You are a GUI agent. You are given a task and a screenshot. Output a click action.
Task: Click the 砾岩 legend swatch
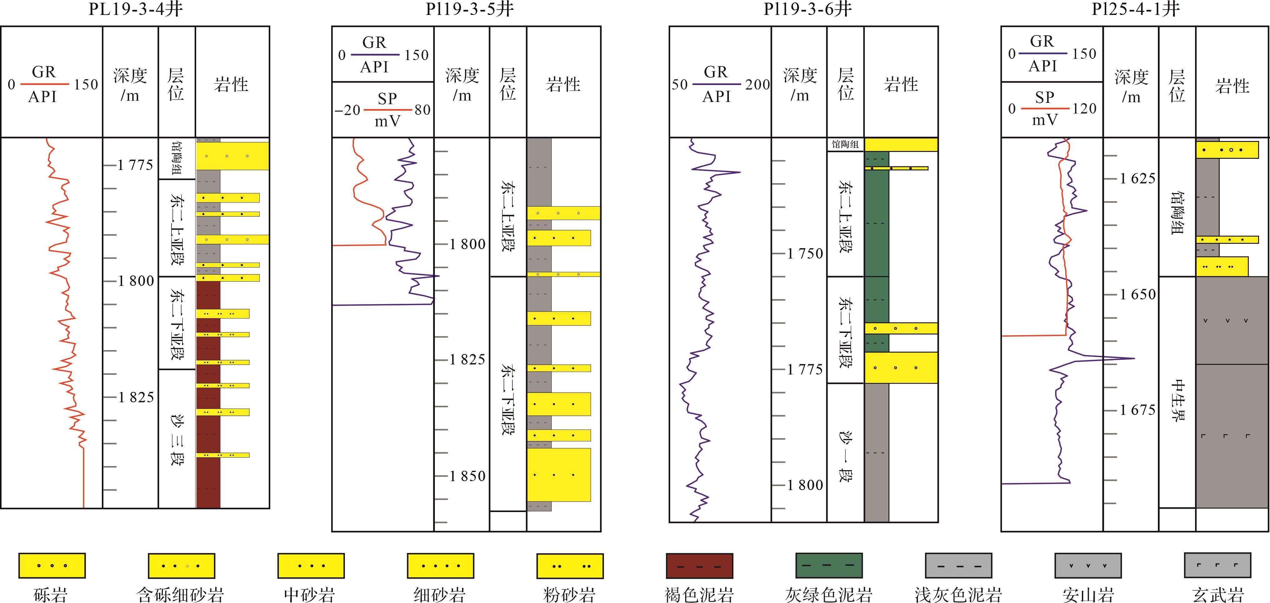(52, 565)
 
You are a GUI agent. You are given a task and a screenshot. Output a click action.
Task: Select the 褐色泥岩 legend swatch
(699, 565)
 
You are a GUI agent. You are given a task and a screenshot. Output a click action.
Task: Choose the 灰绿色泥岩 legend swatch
(829, 565)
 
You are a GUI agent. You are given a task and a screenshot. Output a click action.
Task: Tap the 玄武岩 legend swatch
(1217, 565)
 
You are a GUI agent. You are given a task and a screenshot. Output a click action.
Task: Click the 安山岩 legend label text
(1088, 594)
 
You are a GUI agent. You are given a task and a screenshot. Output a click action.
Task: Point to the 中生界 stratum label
(1177, 400)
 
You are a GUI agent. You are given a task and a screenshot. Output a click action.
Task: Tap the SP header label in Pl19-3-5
(387, 99)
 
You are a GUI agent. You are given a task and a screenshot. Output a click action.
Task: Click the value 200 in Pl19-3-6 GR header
(757, 85)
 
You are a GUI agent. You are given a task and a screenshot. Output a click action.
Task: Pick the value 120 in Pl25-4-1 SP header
(1084, 108)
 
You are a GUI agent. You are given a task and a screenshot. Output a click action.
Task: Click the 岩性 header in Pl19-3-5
(563, 85)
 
